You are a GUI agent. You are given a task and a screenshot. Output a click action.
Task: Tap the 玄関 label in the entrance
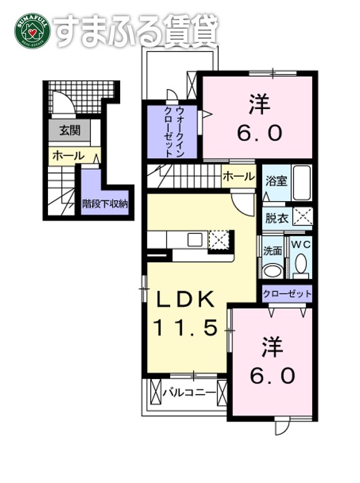(69, 131)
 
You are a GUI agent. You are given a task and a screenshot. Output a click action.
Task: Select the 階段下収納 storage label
(105, 202)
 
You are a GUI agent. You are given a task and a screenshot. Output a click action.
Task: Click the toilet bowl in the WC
(301, 266)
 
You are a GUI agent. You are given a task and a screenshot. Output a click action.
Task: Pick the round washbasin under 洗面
(272, 270)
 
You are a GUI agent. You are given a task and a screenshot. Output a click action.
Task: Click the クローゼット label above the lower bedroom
(287, 294)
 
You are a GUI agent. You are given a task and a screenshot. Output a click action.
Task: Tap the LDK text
(185, 301)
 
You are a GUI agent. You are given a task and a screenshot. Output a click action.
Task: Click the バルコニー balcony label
(189, 393)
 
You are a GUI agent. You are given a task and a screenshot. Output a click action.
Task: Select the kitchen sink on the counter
(194, 240)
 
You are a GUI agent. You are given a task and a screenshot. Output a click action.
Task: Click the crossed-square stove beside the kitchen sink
(218, 240)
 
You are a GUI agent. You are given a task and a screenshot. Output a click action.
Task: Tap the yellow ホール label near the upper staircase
(239, 176)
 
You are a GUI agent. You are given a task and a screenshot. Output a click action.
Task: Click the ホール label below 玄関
(68, 156)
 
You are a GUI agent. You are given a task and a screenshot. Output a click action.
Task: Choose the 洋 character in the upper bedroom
(260, 105)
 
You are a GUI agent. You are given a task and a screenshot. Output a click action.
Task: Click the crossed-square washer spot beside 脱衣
(303, 217)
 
